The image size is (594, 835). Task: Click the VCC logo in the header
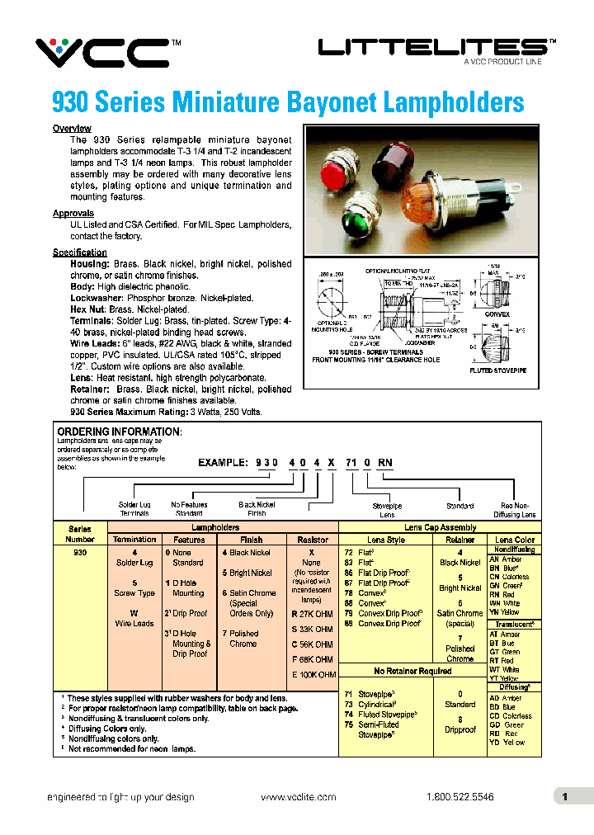(101, 53)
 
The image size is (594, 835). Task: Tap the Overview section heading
(72, 129)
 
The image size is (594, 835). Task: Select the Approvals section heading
(73, 214)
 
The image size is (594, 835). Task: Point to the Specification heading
(80, 252)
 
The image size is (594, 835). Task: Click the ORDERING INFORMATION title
(118, 432)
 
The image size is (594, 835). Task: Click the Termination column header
(134, 540)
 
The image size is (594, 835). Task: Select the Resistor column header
(312, 540)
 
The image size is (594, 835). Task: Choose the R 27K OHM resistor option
(312, 614)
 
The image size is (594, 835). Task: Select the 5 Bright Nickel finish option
(247, 573)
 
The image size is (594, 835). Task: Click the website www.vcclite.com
(298, 797)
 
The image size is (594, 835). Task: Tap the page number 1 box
(565, 797)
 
